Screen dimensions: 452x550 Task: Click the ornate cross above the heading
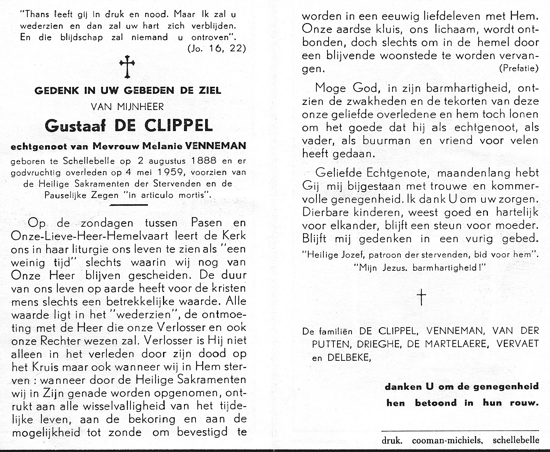pyautogui.click(x=127, y=67)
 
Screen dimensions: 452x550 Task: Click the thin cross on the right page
pyautogui.click(x=421, y=297)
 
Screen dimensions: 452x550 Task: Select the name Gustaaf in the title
pyautogui.click(x=74, y=126)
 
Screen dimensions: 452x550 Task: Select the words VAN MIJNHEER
pyautogui.click(x=128, y=107)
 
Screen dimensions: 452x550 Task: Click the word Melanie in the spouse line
pyautogui.click(x=167, y=146)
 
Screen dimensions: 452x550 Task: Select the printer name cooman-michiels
pyautogui.click(x=447, y=440)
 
